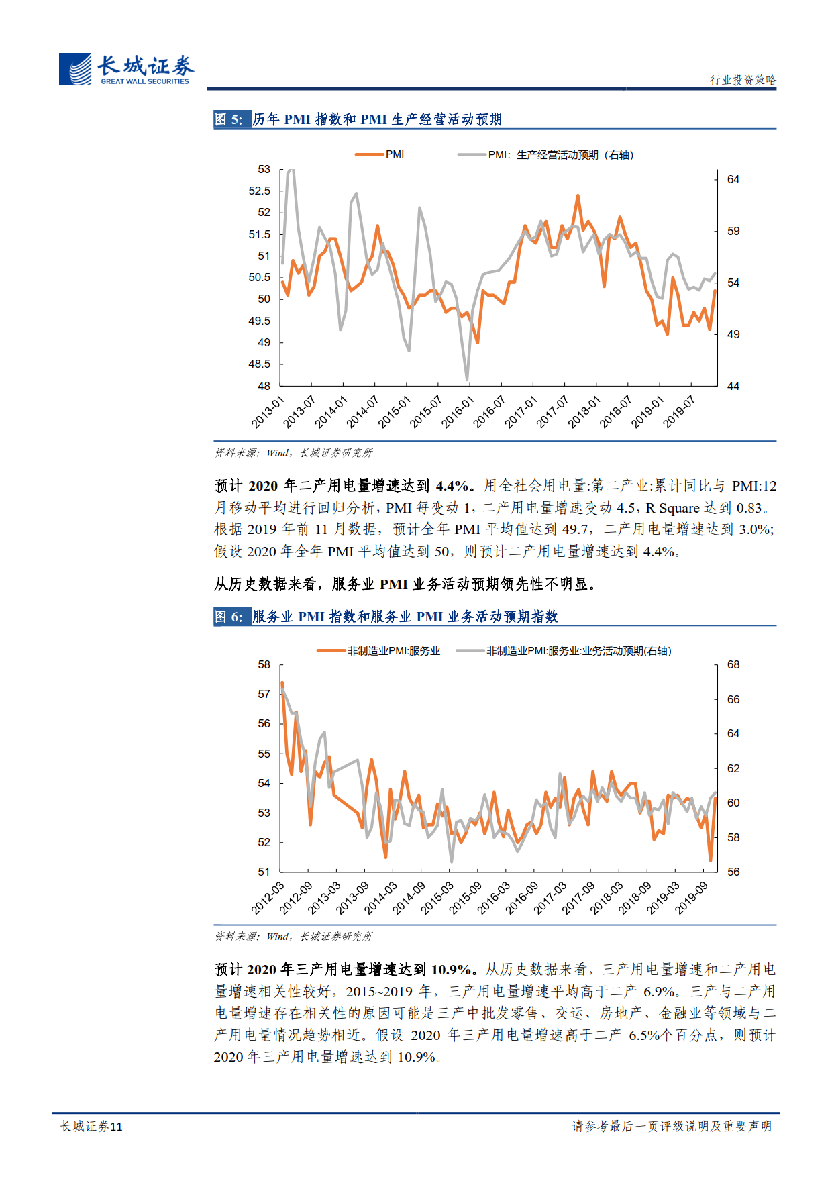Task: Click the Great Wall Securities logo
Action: click(x=125, y=69)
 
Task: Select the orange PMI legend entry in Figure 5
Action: click(x=380, y=154)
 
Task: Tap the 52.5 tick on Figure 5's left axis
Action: click(x=260, y=191)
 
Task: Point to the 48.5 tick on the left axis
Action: click(x=260, y=364)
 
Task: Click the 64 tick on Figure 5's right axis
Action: click(x=733, y=180)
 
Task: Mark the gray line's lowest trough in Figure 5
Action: click(x=467, y=380)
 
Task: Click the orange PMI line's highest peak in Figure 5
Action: click(x=578, y=196)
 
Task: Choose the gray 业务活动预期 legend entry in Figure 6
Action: click(x=564, y=651)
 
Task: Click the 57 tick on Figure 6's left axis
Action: click(x=264, y=695)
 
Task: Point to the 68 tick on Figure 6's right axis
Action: click(x=733, y=665)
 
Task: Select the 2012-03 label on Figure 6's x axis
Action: click(x=268, y=898)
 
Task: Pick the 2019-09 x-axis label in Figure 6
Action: click(x=692, y=898)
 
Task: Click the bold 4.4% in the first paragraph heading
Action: click(x=453, y=486)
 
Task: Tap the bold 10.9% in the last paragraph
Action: click(x=453, y=970)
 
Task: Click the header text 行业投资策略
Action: click(x=743, y=80)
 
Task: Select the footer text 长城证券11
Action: click(x=92, y=1127)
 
